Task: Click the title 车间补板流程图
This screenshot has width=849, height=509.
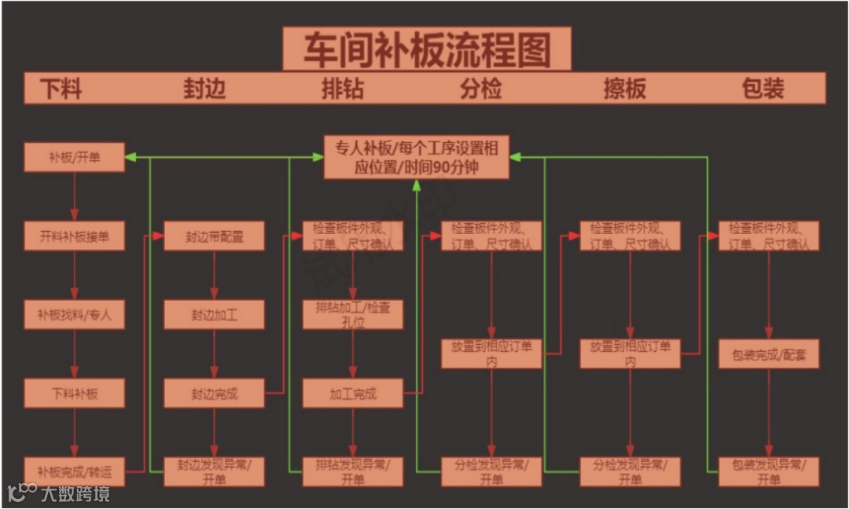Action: click(427, 49)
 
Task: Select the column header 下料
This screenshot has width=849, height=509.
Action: click(61, 88)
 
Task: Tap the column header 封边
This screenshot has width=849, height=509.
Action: click(204, 88)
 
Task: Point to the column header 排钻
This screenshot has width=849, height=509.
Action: click(343, 88)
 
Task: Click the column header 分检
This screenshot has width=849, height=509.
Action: click(480, 88)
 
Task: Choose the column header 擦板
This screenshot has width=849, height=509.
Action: click(624, 88)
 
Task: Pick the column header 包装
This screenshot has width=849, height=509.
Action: click(763, 88)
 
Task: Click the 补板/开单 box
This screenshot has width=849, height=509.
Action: click(75, 157)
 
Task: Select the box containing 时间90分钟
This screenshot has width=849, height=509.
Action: click(417, 157)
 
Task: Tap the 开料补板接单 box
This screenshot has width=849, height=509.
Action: click(75, 236)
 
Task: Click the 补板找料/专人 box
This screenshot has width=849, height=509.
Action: click(75, 315)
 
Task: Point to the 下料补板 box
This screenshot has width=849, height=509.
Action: click(75, 393)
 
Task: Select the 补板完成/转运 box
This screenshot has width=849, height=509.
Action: click(75, 471)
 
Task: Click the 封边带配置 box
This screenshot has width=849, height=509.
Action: click(214, 236)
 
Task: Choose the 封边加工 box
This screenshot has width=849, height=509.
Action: click(214, 315)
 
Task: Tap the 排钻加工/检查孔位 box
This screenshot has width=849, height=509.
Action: click(353, 314)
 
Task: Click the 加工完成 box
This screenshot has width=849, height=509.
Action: click(353, 393)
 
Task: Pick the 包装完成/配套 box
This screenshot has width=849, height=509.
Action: click(769, 354)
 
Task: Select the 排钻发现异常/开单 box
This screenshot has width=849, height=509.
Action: click(353, 471)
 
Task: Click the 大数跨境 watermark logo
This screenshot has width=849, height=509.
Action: click(58, 493)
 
